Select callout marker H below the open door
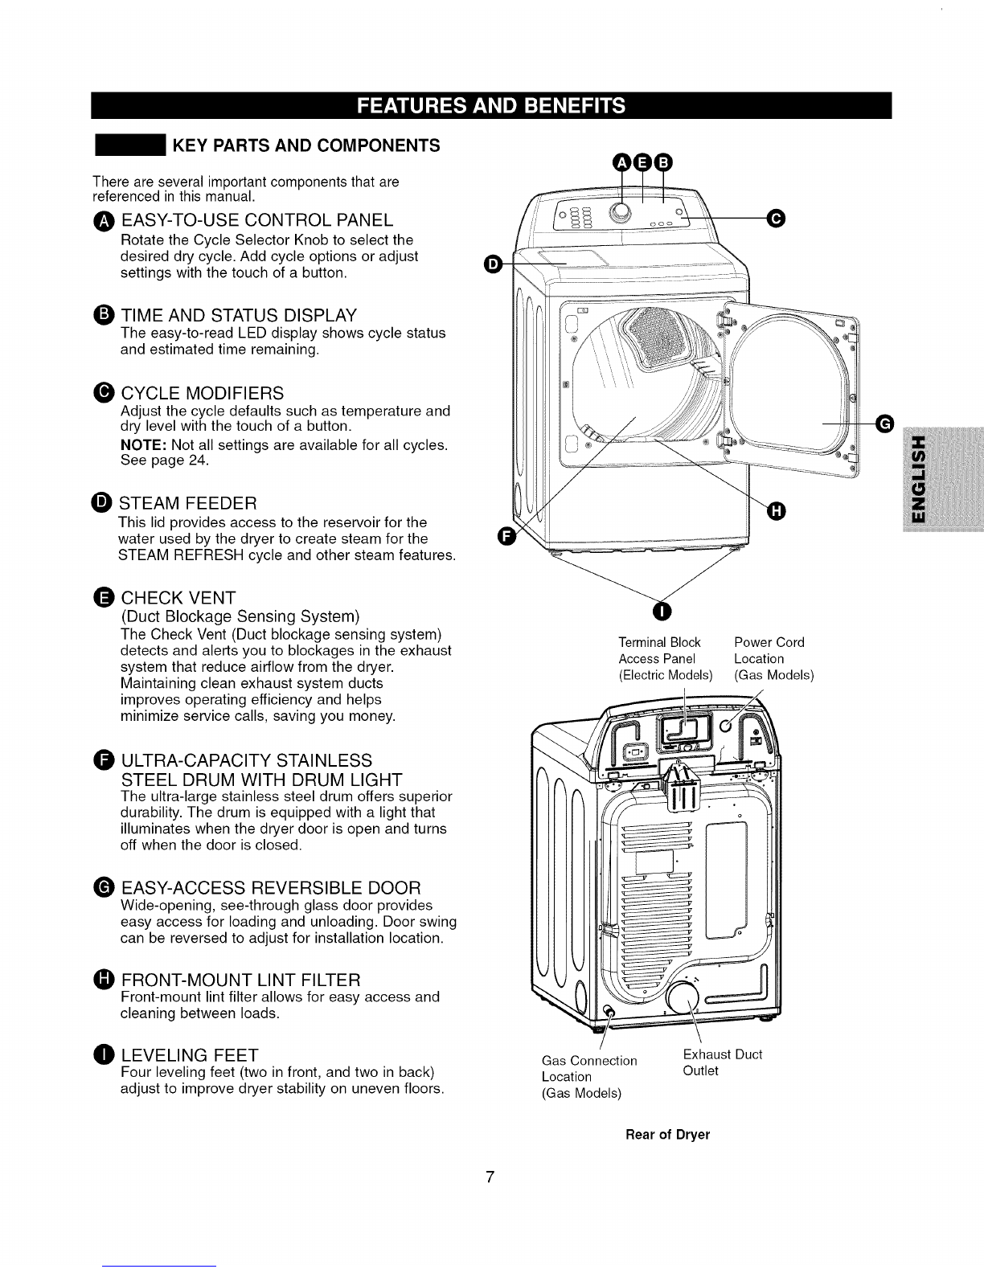(776, 510)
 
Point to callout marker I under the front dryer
(661, 612)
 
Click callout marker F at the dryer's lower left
(506, 537)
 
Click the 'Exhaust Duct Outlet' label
(721, 1062)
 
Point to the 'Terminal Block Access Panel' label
(665, 658)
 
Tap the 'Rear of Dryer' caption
(668, 1135)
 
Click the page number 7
(489, 1178)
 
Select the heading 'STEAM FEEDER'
(188, 504)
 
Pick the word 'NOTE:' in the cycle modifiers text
(143, 444)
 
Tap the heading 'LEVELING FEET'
(189, 1054)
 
